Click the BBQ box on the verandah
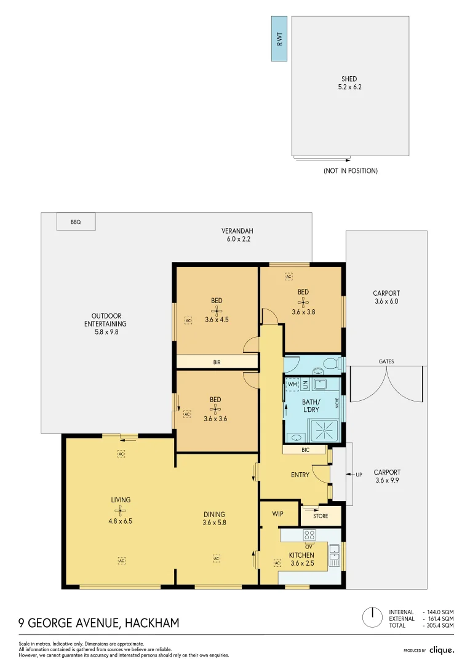(x=76, y=222)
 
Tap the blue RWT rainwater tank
(x=279, y=38)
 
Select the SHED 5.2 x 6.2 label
(x=349, y=83)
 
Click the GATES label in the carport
(x=386, y=362)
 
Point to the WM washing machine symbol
(x=293, y=384)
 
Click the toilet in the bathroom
(x=330, y=363)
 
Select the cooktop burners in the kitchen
(x=309, y=534)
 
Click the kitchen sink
(x=334, y=555)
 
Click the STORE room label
(x=321, y=516)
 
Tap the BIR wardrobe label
(x=217, y=363)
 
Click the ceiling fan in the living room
(x=121, y=511)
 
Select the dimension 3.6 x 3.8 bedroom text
(x=303, y=312)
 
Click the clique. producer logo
(x=441, y=650)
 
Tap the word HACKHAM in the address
(x=152, y=623)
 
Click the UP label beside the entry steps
(x=359, y=475)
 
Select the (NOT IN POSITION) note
(x=350, y=171)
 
